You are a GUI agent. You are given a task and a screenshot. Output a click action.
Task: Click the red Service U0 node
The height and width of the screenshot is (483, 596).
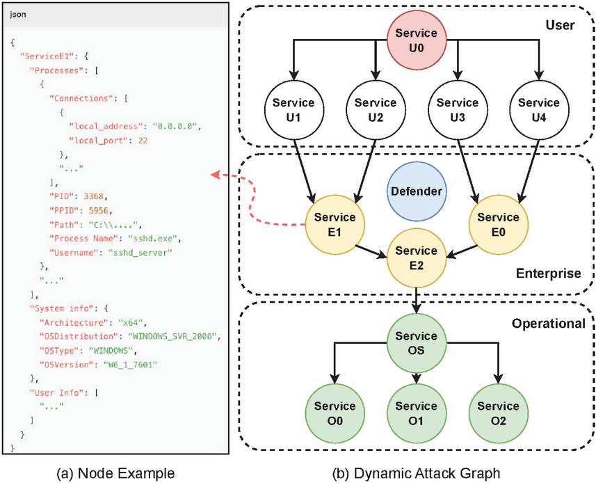coord(416,40)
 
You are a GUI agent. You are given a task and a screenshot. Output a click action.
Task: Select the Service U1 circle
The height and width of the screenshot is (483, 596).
coord(293,110)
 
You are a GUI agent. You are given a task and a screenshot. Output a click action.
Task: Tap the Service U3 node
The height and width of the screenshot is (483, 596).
coord(457,110)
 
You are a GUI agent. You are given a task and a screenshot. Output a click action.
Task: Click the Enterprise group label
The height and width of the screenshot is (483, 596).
coord(548,274)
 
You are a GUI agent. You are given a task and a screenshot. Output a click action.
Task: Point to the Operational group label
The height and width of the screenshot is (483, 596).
coord(548,324)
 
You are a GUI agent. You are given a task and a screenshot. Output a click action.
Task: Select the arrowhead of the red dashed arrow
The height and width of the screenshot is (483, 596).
coord(214,175)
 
